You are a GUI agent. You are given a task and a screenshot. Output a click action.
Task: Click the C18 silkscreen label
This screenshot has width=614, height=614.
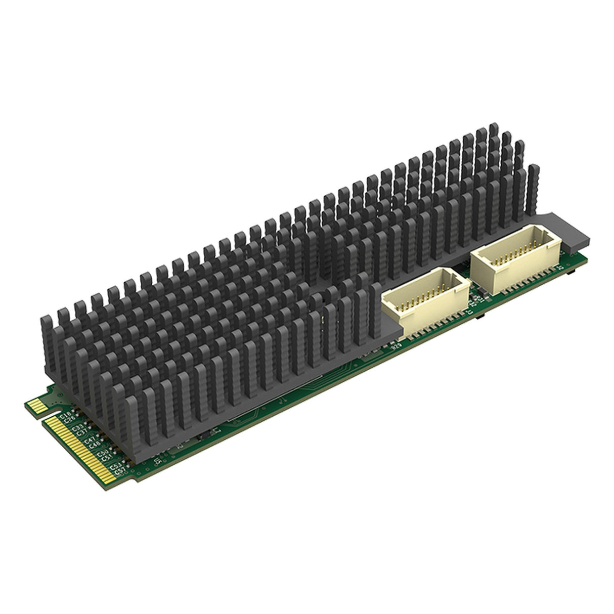tap(65, 415)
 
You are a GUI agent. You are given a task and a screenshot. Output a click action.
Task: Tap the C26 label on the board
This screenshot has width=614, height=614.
tap(70, 419)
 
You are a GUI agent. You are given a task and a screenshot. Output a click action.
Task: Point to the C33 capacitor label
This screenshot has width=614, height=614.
tap(78, 429)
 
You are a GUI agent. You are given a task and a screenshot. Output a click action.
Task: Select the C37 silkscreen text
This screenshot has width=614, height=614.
tap(82, 433)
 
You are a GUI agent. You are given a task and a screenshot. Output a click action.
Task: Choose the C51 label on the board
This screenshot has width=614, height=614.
tap(106, 458)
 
